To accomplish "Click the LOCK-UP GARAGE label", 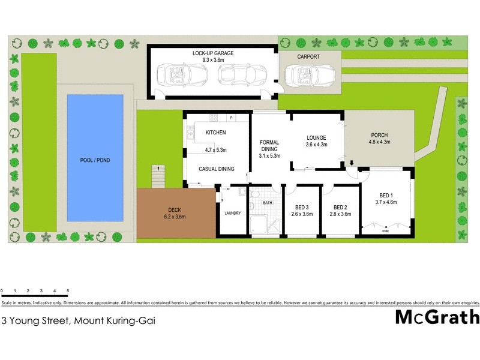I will click(213, 53).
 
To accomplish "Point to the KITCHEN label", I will click(215, 133).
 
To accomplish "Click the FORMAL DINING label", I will click(269, 146).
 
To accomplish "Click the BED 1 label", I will click(387, 195).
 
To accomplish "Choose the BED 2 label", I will click(341, 207).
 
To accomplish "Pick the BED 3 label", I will click(302, 207).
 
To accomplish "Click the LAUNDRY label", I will click(232, 213).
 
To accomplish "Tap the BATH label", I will click(268, 203).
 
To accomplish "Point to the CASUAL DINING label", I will click(217, 169).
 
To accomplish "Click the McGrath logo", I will click(437, 317).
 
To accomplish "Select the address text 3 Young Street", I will click(79, 320).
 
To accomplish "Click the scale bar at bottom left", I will click(35, 295).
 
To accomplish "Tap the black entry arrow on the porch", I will click(351, 162).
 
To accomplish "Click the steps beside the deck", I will click(157, 176).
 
